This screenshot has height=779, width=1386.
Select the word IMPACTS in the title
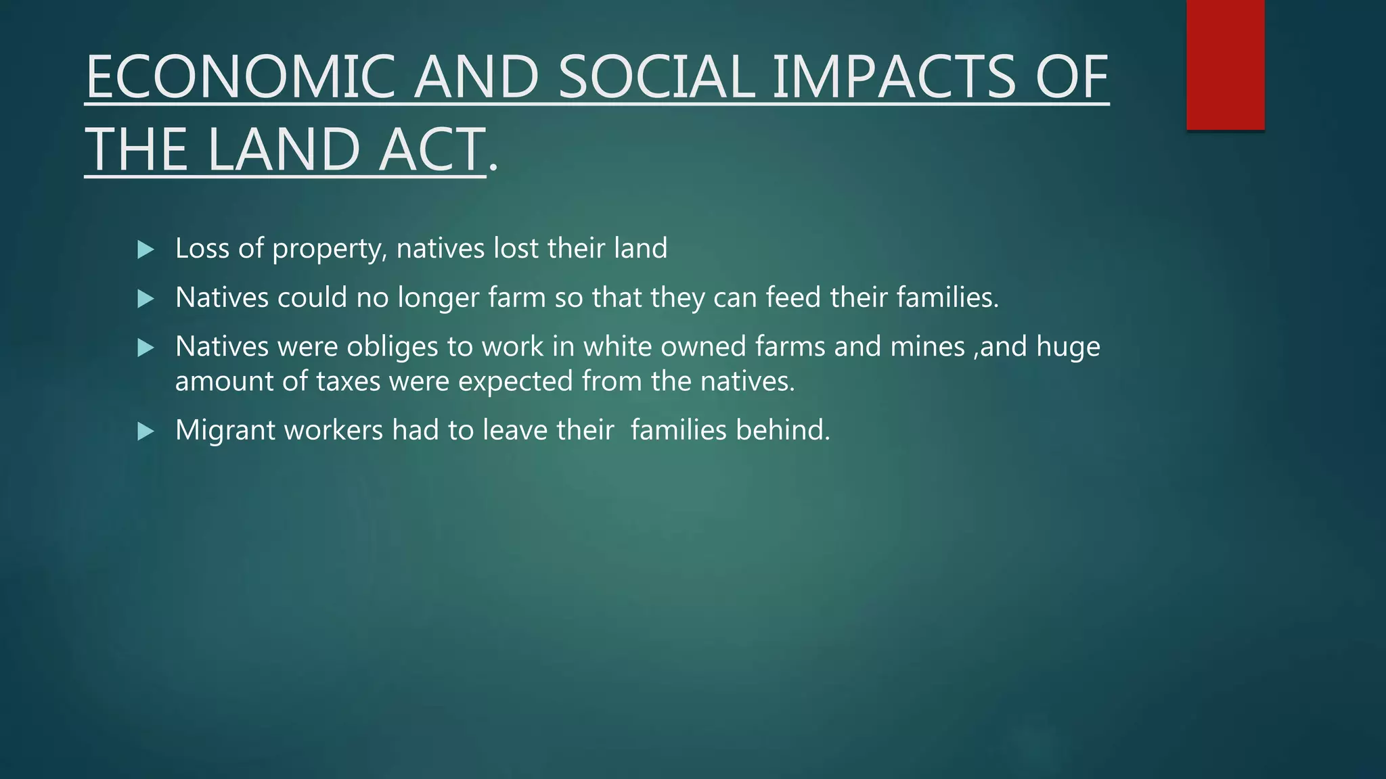[x=893, y=77]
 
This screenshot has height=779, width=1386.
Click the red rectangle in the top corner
[x=1225, y=64]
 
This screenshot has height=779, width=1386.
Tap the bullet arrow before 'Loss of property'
[x=146, y=250]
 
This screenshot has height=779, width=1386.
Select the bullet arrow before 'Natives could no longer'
[x=146, y=298]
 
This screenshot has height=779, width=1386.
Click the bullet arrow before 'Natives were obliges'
[x=146, y=348]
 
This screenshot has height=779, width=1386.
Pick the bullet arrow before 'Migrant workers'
[x=146, y=431]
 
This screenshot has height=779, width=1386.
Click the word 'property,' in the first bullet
[x=330, y=249]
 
